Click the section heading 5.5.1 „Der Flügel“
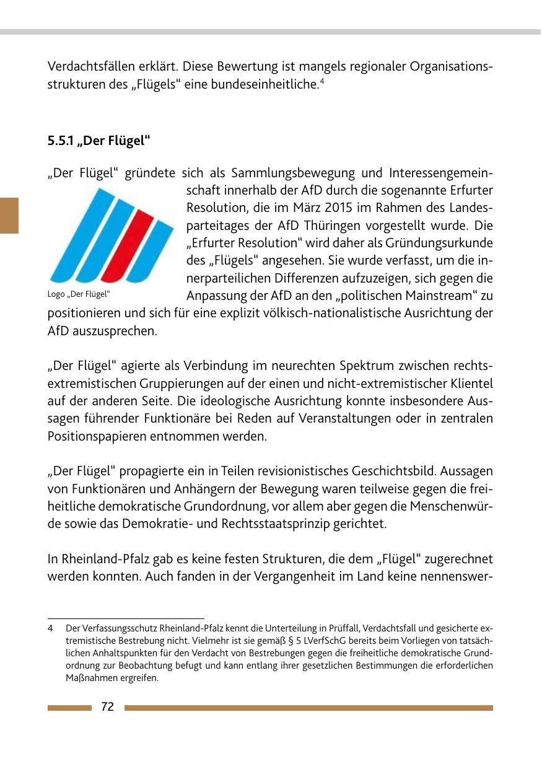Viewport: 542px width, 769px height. point(99,141)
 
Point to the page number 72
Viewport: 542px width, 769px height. point(107,707)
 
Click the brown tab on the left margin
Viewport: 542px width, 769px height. point(9,215)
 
